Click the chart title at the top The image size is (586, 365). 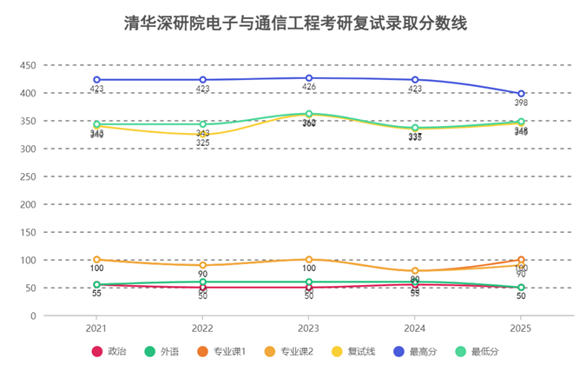tap(293, 23)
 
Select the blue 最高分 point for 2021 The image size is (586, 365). tap(96, 80)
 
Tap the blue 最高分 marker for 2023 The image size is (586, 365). tap(309, 78)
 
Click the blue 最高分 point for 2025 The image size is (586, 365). tap(521, 94)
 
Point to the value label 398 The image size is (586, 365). tap(521, 103)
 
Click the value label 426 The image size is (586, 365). tap(309, 88)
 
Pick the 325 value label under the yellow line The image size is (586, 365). tap(202, 143)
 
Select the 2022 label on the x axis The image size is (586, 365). tap(202, 328)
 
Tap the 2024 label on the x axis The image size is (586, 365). tap(415, 328)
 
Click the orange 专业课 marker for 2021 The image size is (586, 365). tap(96, 260)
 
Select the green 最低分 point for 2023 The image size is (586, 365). tap(309, 114)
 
